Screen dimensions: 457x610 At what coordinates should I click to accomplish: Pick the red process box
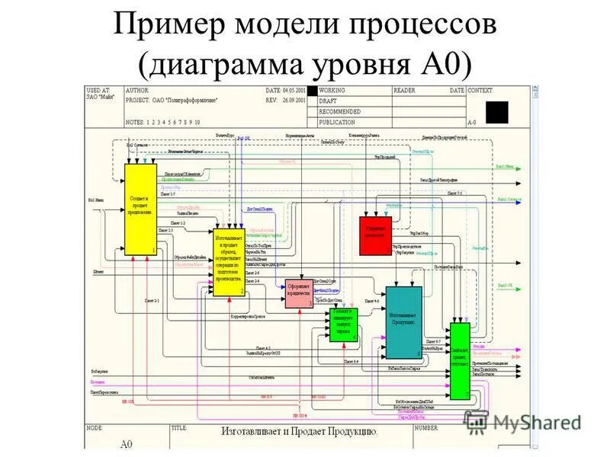click(375, 234)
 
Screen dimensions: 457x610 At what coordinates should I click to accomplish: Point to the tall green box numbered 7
click(460, 362)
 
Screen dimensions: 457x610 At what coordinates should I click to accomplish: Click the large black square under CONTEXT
click(496, 112)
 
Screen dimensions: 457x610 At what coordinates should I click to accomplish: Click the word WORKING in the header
click(332, 91)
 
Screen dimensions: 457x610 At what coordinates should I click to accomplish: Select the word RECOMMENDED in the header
click(339, 111)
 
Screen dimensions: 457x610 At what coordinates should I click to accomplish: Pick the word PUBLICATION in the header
click(337, 122)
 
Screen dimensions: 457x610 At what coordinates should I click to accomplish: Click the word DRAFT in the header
click(328, 101)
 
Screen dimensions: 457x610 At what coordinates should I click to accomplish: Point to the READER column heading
click(405, 91)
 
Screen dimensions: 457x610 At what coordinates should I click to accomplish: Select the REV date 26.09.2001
click(294, 100)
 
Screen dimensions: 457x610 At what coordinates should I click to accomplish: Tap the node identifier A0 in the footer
click(126, 444)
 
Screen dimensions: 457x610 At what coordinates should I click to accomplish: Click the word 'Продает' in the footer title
click(302, 431)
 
